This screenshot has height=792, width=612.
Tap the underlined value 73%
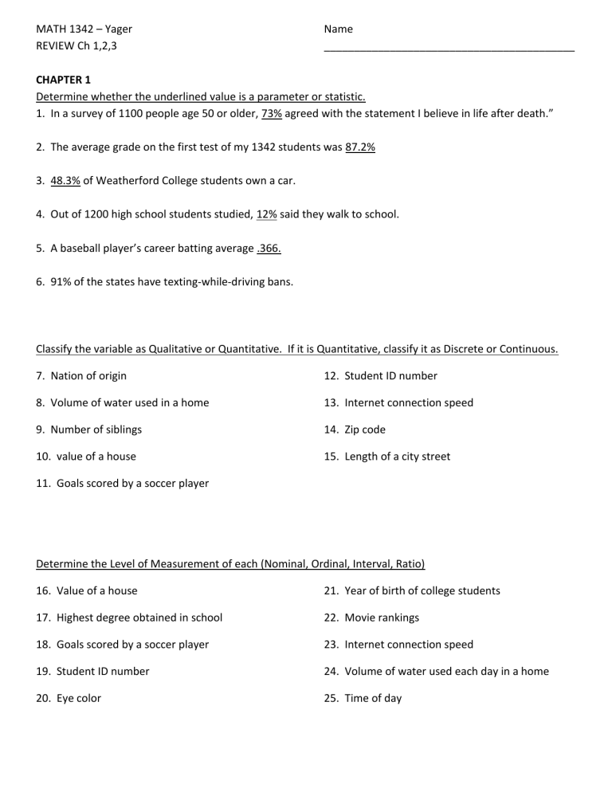tap(271, 114)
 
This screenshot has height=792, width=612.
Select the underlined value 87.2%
tap(360, 147)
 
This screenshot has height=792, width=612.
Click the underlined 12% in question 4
tap(266, 214)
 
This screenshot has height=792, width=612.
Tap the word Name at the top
tap(339, 29)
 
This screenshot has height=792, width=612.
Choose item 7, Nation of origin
tap(81, 375)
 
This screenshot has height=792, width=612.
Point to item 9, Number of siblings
tap(88, 429)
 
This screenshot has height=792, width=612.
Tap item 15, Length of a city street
tap(387, 457)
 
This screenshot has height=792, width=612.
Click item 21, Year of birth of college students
tap(412, 590)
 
